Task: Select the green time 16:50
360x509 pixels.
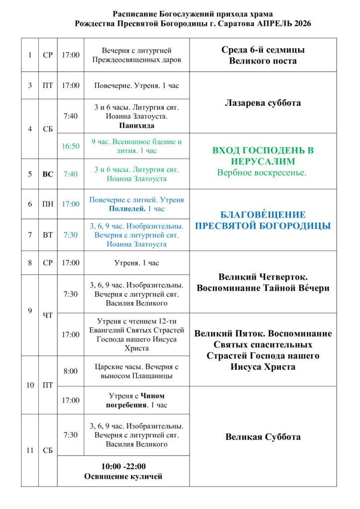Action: click(71, 146)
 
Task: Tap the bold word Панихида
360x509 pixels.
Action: click(137, 126)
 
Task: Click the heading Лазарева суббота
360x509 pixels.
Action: click(263, 103)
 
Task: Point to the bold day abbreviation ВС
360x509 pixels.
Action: click(48, 174)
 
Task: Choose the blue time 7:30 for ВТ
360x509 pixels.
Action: click(71, 235)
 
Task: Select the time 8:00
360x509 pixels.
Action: click(71, 371)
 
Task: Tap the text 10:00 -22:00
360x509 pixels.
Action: click(123, 466)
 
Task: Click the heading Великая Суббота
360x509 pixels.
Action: click(263, 437)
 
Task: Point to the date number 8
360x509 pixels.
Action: click(30, 263)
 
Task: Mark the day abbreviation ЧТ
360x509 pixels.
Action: click(48, 315)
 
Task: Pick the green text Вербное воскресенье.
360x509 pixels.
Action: click(263, 172)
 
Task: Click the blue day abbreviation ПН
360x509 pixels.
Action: click(48, 204)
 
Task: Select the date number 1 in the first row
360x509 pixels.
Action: click(30, 55)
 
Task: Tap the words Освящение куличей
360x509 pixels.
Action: click(123, 477)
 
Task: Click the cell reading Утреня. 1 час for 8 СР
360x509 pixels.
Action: click(137, 263)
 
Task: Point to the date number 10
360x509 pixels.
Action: click(30, 385)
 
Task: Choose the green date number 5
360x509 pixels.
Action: click(30, 174)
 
